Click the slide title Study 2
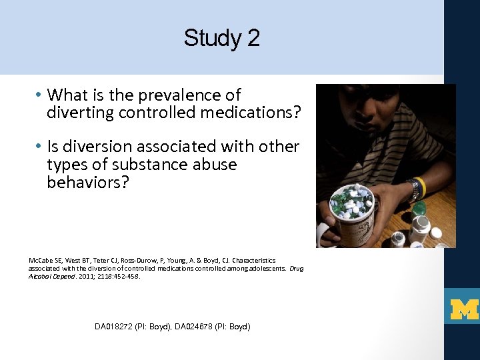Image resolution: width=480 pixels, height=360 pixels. tap(222, 38)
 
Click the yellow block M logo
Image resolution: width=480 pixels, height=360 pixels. tap(465, 308)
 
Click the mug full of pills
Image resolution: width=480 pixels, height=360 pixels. tap(354, 217)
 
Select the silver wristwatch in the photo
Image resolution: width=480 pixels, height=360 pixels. tap(413, 192)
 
